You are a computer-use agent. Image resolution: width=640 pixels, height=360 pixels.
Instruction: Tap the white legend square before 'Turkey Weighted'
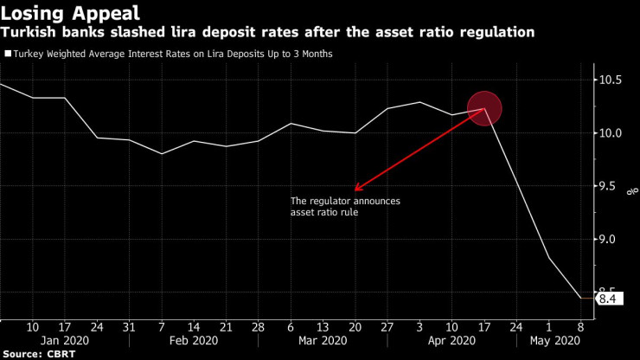(x=8, y=54)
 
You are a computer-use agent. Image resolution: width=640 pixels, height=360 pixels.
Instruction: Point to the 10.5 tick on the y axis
(x=611, y=80)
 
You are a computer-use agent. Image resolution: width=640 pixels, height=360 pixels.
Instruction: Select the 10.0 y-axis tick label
(x=611, y=133)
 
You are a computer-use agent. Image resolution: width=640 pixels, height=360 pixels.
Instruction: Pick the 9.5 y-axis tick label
(x=611, y=186)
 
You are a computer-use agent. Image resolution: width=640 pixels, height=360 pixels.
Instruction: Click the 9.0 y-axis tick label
(x=611, y=240)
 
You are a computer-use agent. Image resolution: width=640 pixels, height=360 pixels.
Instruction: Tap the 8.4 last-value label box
(x=609, y=299)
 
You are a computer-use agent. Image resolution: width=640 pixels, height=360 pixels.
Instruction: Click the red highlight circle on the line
(x=485, y=108)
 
